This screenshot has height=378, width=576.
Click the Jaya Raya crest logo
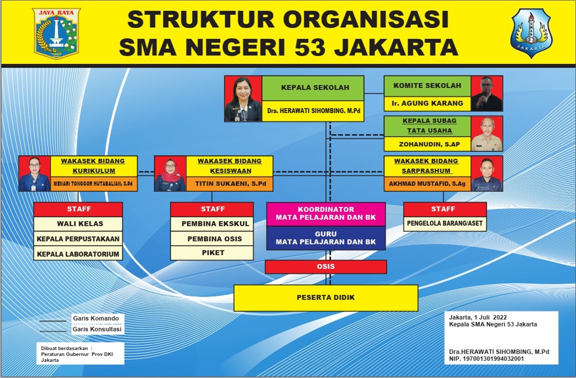click(56, 34)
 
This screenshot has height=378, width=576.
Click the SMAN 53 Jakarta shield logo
click(531, 34)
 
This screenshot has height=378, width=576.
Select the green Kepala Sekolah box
click(313, 88)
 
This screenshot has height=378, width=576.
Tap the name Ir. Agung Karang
click(427, 103)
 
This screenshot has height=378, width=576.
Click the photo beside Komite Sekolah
click(487, 93)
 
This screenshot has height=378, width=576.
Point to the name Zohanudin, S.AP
click(429, 144)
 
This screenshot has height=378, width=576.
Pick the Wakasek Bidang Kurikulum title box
click(94, 166)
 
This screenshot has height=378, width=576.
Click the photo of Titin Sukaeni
click(170, 173)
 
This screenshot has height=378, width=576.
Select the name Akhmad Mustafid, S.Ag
click(427, 184)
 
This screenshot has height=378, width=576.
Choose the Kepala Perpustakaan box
click(78, 239)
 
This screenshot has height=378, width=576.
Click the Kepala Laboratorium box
click(78, 254)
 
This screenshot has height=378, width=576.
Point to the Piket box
click(212, 253)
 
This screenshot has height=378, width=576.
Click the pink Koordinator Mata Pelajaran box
click(326, 214)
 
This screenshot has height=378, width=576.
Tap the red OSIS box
click(326, 267)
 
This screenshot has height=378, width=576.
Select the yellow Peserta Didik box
click(326, 298)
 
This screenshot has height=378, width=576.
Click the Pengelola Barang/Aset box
click(445, 223)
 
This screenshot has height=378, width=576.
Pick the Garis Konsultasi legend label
click(97, 329)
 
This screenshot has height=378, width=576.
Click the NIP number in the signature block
click(486, 358)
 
